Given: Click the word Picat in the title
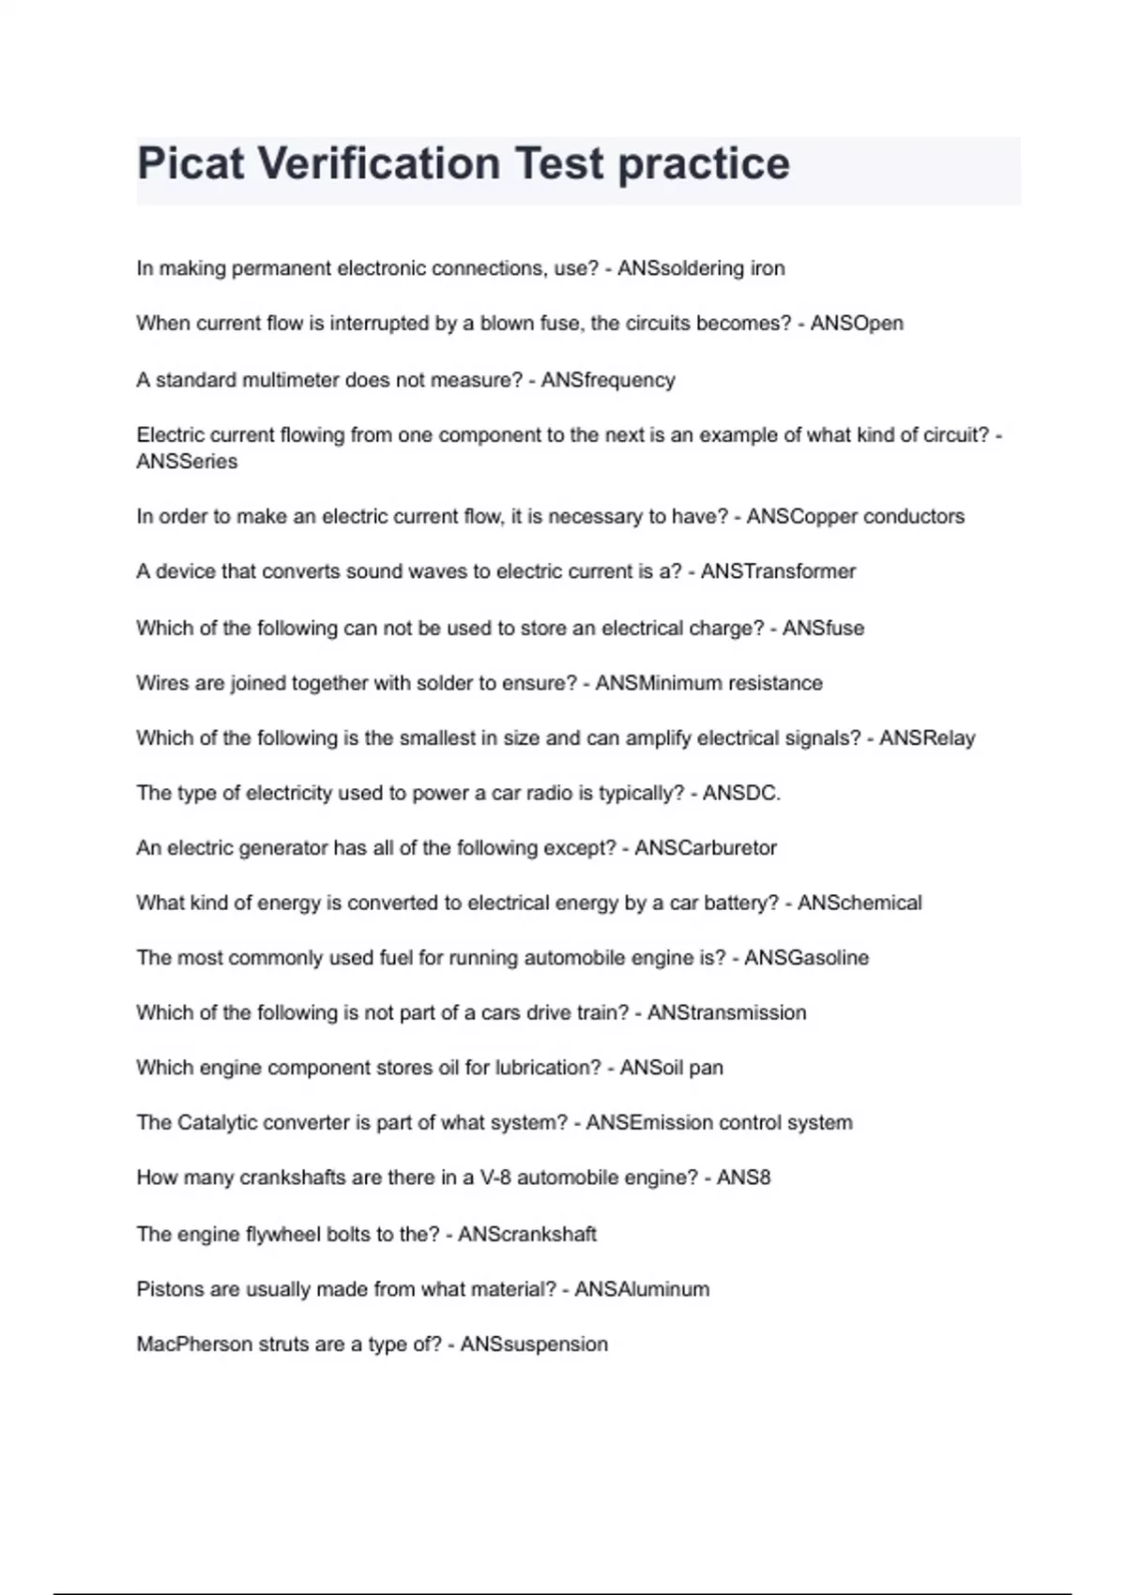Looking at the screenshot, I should pyautogui.click(x=191, y=163).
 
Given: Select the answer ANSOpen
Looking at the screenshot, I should pyautogui.click(x=857, y=324).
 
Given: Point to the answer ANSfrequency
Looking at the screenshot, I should pyautogui.click(x=608, y=380).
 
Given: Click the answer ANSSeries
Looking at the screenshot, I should pyautogui.click(x=187, y=462).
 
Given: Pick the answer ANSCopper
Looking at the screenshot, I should pyautogui.click(x=802, y=517).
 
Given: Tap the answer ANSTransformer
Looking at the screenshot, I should pyautogui.click(x=778, y=571).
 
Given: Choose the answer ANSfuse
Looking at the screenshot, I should pyautogui.click(x=823, y=628).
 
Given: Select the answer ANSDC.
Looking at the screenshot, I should pyautogui.click(x=741, y=794).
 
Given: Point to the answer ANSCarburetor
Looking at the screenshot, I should pyautogui.click(x=706, y=848).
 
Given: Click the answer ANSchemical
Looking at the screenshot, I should pyautogui.click(x=860, y=903).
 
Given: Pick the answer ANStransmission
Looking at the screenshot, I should pyautogui.click(x=726, y=1013).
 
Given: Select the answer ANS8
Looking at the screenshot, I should pyautogui.click(x=743, y=1177).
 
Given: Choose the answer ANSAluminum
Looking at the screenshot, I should pyautogui.click(x=642, y=1289).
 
